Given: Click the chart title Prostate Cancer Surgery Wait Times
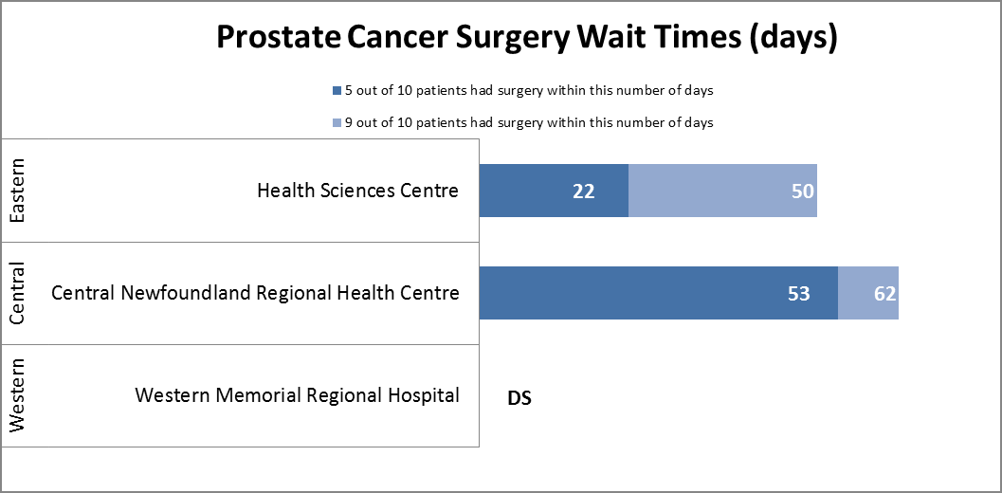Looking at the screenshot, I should click(x=526, y=38).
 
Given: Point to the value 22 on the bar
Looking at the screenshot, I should click(x=583, y=192).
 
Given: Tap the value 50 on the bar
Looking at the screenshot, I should click(x=803, y=192).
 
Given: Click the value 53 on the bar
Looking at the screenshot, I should click(x=798, y=294).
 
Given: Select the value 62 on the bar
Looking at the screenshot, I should click(x=885, y=294).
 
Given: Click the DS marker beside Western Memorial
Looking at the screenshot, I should click(x=519, y=398).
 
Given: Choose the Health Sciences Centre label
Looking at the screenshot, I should click(x=357, y=191).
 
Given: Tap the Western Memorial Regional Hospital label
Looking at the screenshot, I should click(x=297, y=395).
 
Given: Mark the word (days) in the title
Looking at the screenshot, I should click(x=792, y=38).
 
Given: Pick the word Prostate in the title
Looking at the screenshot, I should click(x=278, y=38).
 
